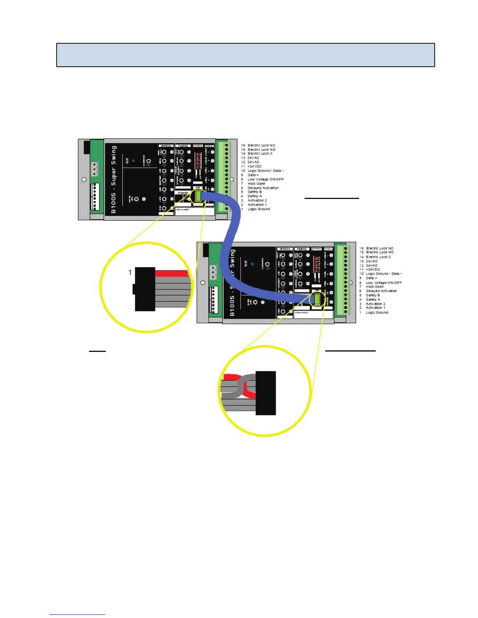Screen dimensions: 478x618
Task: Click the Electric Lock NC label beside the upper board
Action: [261, 145]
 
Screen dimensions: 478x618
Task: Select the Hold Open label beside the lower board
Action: [375, 286]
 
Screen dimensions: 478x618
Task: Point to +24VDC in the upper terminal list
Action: [254, 166]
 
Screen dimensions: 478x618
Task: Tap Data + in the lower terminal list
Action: [371, 278]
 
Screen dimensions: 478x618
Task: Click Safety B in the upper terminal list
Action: [255, 192]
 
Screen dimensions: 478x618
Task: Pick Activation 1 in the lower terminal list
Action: [375, 308]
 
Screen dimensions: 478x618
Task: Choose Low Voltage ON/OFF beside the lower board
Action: [383, 282]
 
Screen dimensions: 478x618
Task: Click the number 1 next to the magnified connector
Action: [130, 272]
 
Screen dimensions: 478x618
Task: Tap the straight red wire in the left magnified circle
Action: [171, 273]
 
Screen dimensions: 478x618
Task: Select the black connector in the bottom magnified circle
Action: [266, 392]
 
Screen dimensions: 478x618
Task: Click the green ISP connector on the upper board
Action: [198, 196]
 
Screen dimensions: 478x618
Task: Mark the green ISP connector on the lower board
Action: [317, 299]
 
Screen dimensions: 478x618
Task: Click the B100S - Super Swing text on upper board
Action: [114, 179]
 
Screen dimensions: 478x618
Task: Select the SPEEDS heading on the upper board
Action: [166, 146]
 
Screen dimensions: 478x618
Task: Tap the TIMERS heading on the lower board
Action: [301, 249]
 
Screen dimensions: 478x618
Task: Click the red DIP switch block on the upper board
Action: [198, 160]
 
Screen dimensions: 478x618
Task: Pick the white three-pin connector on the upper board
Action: [95, 169]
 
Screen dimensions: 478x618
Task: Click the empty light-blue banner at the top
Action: [245, 55]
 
